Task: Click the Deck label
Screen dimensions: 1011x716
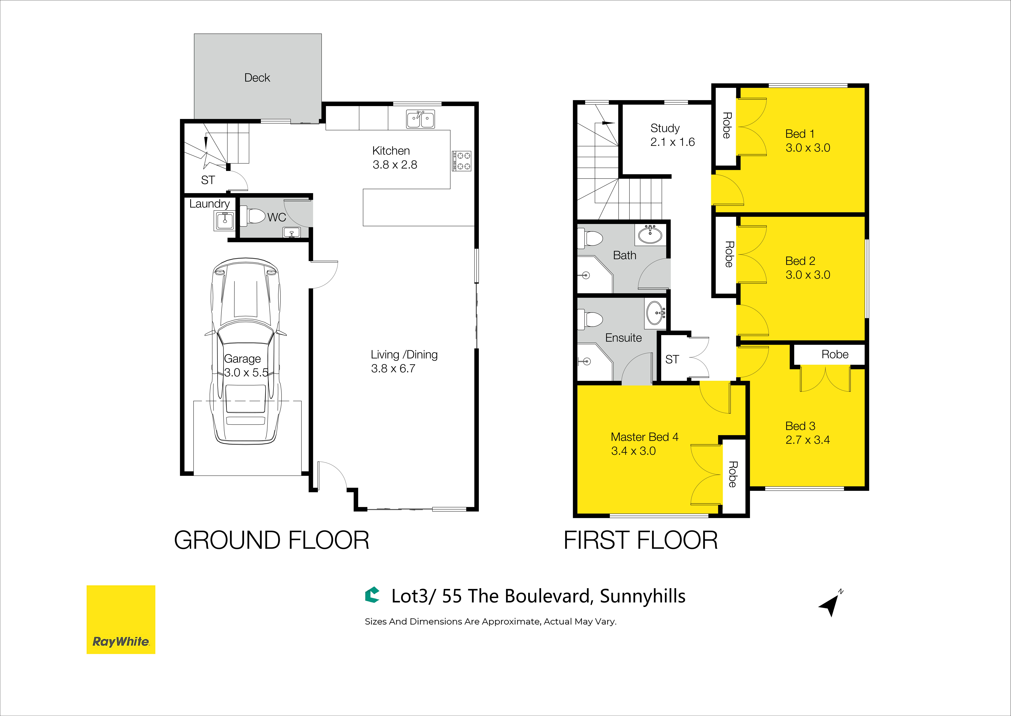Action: tap(257, 78)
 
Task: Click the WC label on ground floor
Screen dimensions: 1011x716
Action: tap(277, 217)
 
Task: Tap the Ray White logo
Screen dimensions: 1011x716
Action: tap(121, 619)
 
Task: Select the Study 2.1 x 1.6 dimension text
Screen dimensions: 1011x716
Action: tap(673, 142)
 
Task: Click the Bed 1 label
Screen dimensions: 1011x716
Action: tap(800, 134)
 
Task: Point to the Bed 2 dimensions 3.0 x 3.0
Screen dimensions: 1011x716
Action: tap(808, 275)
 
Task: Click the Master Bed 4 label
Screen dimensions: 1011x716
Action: tap(644, 437)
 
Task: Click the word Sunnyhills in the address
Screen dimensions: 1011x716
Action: tap(643, 596)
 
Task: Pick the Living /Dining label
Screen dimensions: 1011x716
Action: tap(404, 354)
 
